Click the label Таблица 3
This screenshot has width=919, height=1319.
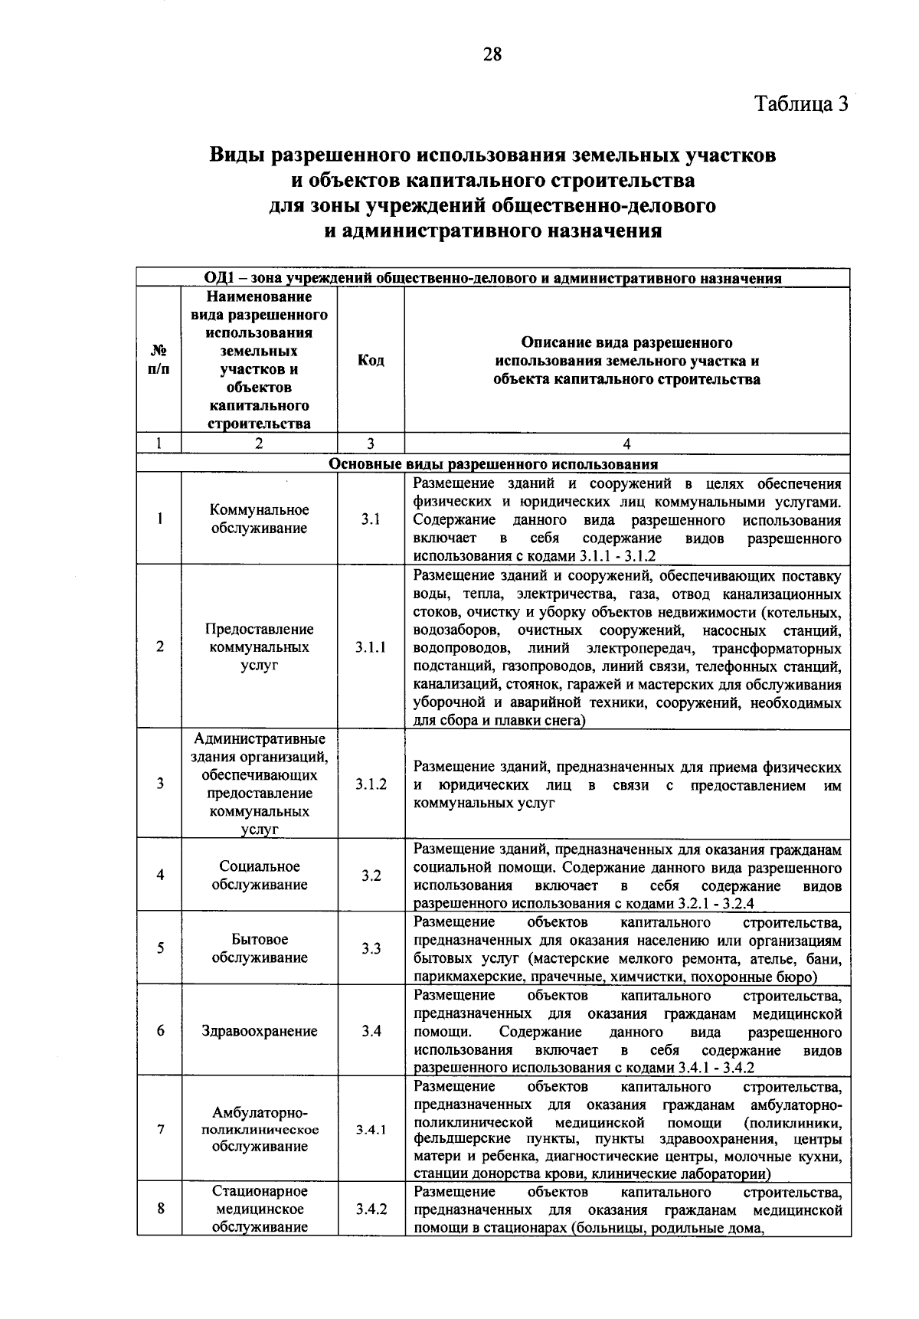click(x=802, y=103)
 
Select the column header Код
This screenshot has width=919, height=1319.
click(x=371, y=360)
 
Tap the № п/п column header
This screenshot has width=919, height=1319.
click(x=159, y=360)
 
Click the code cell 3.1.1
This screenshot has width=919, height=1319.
click(x=371, y=647)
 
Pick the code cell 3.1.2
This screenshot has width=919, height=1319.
click(x=371, y=784)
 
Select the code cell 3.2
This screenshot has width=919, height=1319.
click(x=371, y=876)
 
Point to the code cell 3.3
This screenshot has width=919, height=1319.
click(x=371, y=948)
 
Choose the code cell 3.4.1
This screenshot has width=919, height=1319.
click(x=371, y=1129)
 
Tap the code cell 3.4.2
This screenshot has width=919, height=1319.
click(x=371, y=1209)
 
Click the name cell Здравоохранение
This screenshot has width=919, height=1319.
click(x=259, y=1031)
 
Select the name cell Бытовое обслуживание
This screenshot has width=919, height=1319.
click(x=259, y=948)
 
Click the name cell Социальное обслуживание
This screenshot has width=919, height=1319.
click(x=259, y=876)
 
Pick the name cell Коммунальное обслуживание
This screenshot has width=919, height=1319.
click(x=259, y=519)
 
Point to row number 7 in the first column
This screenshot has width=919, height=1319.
click(x=159, y=1129)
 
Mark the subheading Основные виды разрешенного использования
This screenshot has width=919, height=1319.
click(x=492, y=464)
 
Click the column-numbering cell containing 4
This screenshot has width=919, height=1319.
click(x=626, y=443)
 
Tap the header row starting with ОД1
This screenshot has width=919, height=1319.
click(x=492, y=278)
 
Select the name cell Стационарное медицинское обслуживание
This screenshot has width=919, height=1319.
click(x=259, y=1209)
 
